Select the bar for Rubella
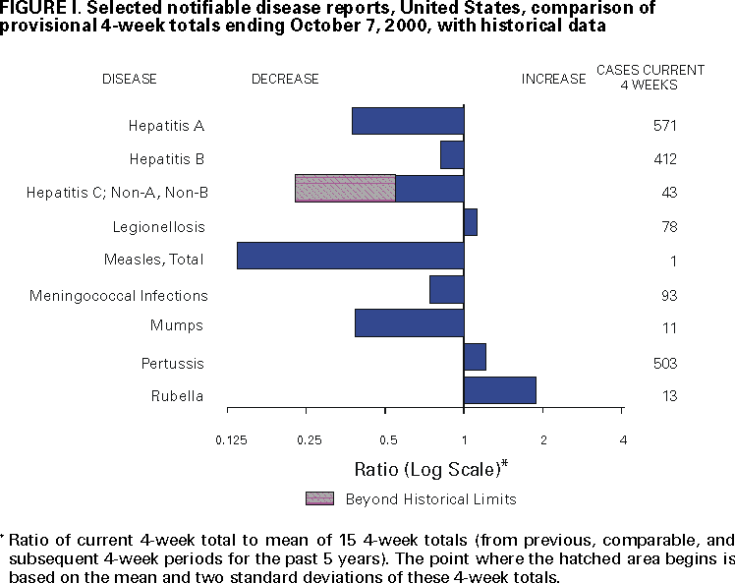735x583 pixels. [x=499, y=390]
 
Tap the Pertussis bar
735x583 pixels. [x=475, y=357]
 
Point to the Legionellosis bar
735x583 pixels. [x=470, y=222]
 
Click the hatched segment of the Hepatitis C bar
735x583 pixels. [x=345, y=189]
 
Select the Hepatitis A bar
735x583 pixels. [x=408, y=121]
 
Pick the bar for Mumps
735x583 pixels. [x=409, y=323]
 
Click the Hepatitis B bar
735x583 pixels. [x=452, y=155]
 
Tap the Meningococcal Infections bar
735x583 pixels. [x=446, y=290]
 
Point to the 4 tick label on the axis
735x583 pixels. [x=622, y=438]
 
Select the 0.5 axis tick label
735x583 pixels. [x=386, y=438]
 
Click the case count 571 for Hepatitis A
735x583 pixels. [x=665, y=126]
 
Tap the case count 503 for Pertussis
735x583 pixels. [x=665, y=364]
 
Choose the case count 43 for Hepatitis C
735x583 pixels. [x=669, y=193]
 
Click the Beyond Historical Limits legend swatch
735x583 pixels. [x=320, y=497]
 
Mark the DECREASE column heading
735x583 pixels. [x=285, y=79]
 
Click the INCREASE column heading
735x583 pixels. [x=553, y=79]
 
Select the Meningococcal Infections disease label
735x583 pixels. [x=119, y=295]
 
